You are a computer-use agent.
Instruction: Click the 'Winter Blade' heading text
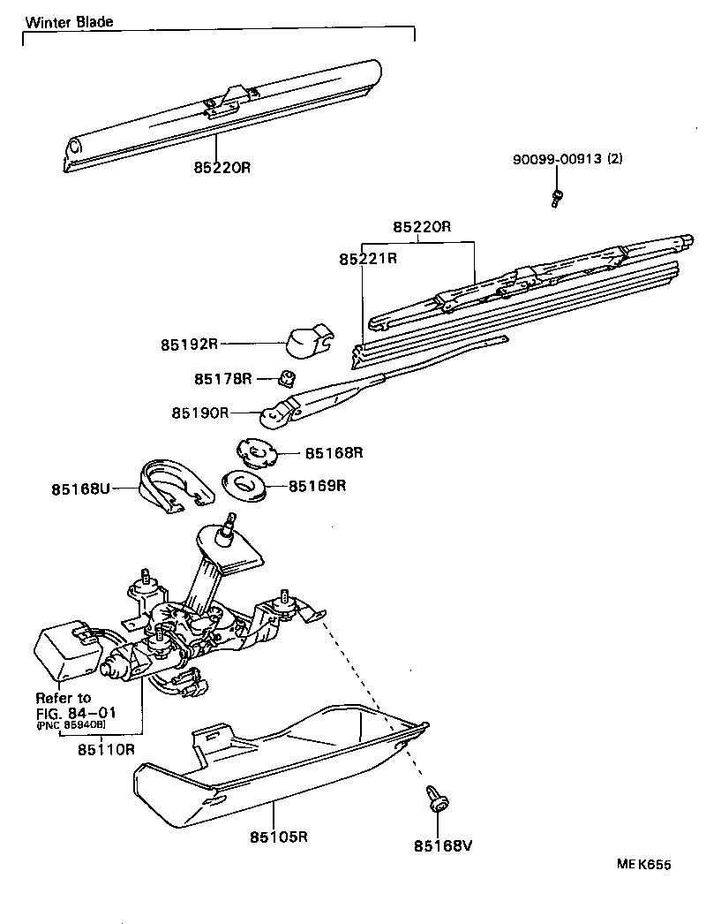coord(69,22)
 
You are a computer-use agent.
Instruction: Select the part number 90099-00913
coord(557,160)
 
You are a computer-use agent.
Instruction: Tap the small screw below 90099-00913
coord(556,198)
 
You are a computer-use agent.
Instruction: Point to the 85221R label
coord(368,259)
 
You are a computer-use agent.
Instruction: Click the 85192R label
coord(190,344)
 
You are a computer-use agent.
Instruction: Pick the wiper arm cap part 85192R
coord(308,339)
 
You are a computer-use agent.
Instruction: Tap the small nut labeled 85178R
coord(285,378)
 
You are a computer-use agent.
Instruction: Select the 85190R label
coord(200,412)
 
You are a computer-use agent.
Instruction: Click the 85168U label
coord(80,488)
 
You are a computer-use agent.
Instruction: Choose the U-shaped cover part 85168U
coord(174,484)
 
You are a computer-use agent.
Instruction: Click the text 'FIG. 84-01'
coord(76,712)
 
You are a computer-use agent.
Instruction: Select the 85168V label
coord(444,845)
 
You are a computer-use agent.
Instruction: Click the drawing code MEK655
coord(649,866)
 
